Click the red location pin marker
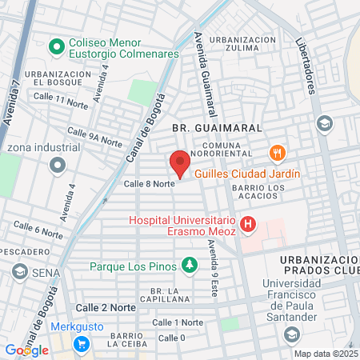coord(180,164)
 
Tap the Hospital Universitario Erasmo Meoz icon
coord(248,225)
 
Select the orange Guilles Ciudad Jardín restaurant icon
coord(277,152)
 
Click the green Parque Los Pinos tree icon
coord(189,263)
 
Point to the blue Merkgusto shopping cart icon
coord(81,344)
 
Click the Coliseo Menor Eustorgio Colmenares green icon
coord(56,47)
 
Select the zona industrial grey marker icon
coord(56,166)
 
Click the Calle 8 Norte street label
coord(149,184)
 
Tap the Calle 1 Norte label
coord(178,322)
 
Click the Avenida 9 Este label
coord(213,268)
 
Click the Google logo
coord(26,350)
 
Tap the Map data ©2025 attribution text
coord(326,354)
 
